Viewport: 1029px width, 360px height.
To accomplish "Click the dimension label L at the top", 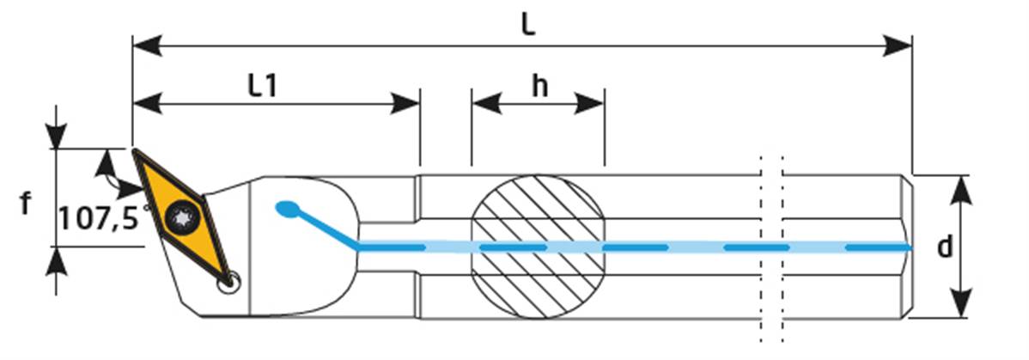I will (528, 23).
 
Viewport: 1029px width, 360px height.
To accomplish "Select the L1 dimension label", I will (263, 85).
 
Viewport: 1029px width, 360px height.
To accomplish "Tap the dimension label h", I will (539, 85).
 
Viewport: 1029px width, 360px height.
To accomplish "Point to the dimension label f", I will (26, 204).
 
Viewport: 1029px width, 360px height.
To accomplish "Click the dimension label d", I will (945, 248).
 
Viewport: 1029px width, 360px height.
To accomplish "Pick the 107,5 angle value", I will (98, 218).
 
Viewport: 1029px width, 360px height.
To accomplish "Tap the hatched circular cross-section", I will (539, 246).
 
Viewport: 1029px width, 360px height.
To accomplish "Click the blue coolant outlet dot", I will (287, 208).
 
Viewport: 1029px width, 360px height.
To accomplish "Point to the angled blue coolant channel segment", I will (327, 229).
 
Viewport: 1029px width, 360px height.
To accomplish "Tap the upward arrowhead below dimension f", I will (56, 260).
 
